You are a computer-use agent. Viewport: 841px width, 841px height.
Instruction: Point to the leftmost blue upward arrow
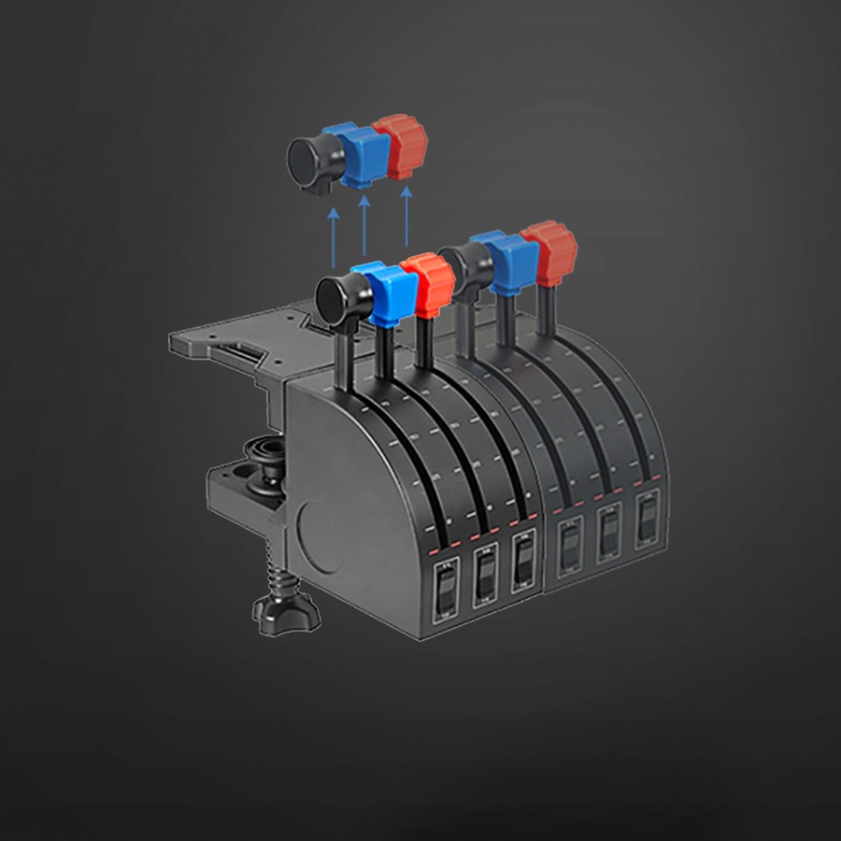[x=333, y=238]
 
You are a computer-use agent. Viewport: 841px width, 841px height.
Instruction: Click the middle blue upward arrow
[x=363, y=229]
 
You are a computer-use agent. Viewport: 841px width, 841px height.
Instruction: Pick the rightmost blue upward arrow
[x=406, y=220]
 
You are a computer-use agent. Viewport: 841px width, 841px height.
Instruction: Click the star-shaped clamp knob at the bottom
[x=286, y=611]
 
